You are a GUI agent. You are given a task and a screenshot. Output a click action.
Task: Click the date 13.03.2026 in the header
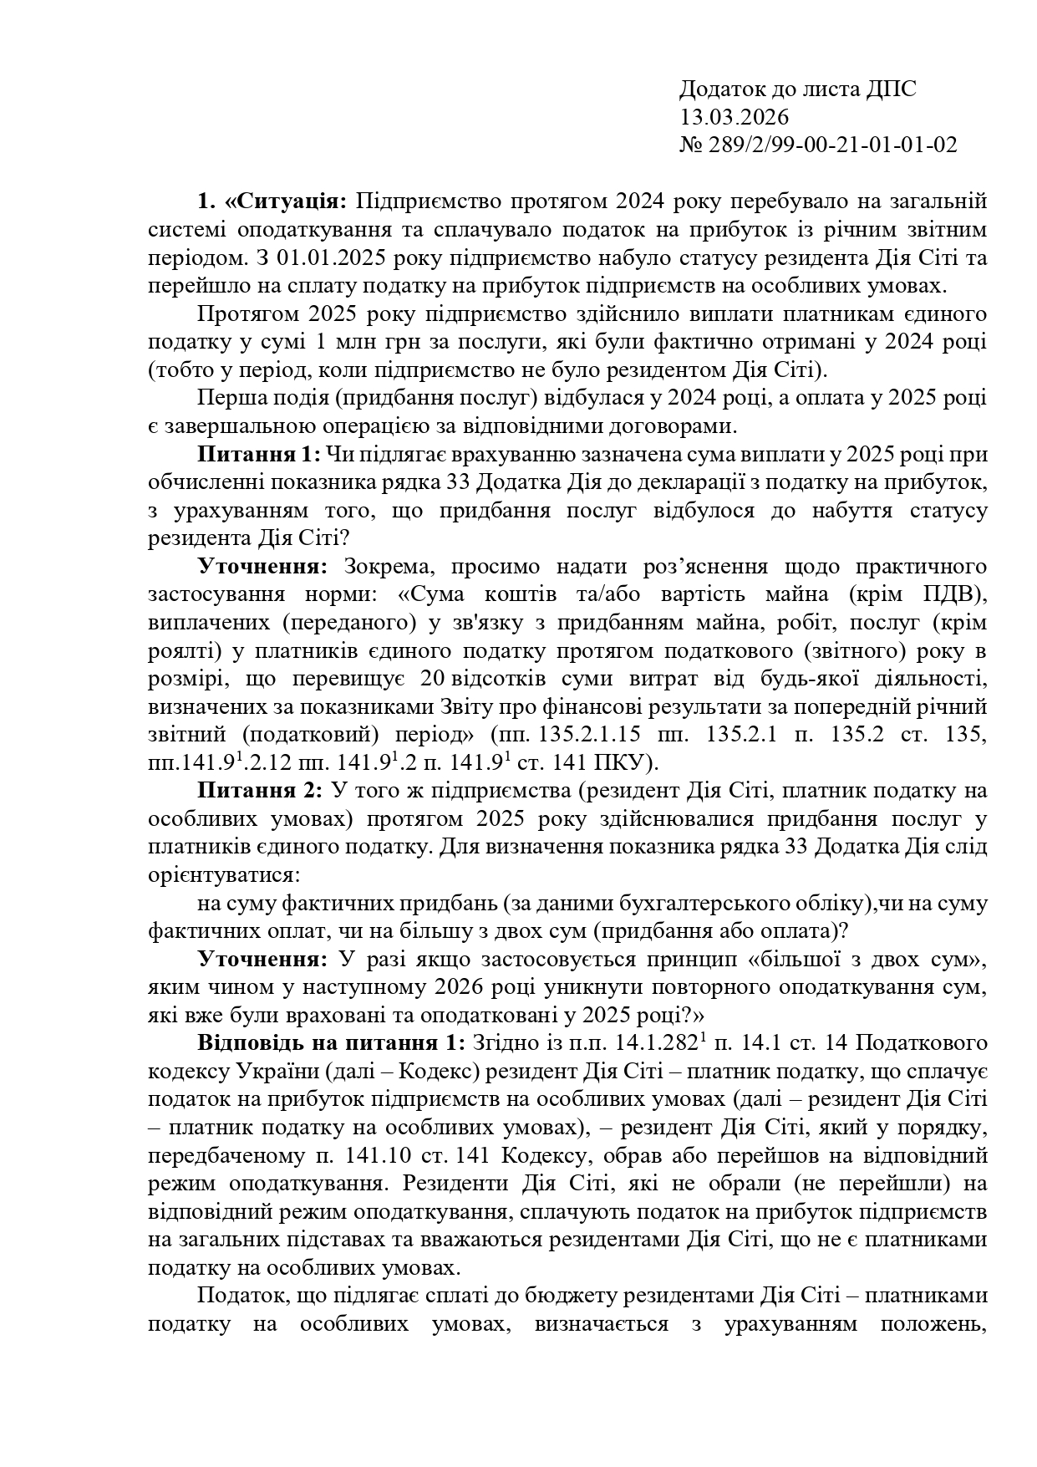point(735,117)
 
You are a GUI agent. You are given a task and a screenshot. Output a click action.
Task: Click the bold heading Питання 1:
point(259,455)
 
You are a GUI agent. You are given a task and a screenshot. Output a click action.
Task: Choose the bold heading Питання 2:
point(259,790)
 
